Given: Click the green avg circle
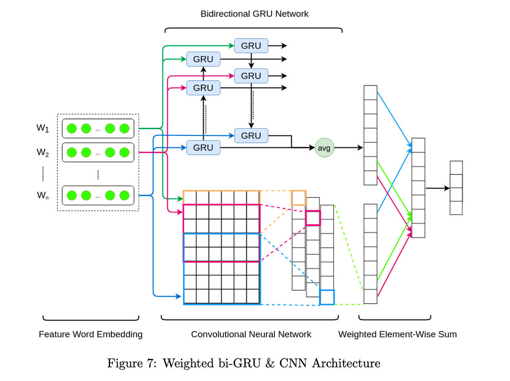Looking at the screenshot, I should tap(324, 148).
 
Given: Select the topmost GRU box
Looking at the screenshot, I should tap(251, 45).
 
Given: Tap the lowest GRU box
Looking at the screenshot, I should tap(203, 148).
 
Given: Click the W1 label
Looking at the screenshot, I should tap(42, 128).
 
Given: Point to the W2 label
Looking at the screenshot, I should tap(42, 152).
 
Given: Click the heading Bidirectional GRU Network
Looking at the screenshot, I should tap(254, 14).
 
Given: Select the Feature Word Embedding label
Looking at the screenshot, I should tap(91, 334).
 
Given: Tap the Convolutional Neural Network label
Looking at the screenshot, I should tap(251, 334).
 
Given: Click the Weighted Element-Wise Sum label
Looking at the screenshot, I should tap(397, 334).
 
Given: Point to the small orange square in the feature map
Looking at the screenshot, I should tap(298, 198).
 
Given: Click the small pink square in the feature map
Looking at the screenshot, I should tap(313, 218).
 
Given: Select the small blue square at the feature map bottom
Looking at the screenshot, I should tap(327, 297).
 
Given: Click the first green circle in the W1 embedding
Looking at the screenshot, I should tap(72, 128).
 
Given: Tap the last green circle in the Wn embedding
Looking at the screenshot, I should tap(124, 195).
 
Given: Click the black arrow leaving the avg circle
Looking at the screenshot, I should tap(348, 148).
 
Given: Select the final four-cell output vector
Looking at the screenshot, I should tap(456, 188).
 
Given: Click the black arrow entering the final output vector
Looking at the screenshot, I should tap(438, 188).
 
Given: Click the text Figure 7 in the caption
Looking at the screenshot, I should tap(130, 364).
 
